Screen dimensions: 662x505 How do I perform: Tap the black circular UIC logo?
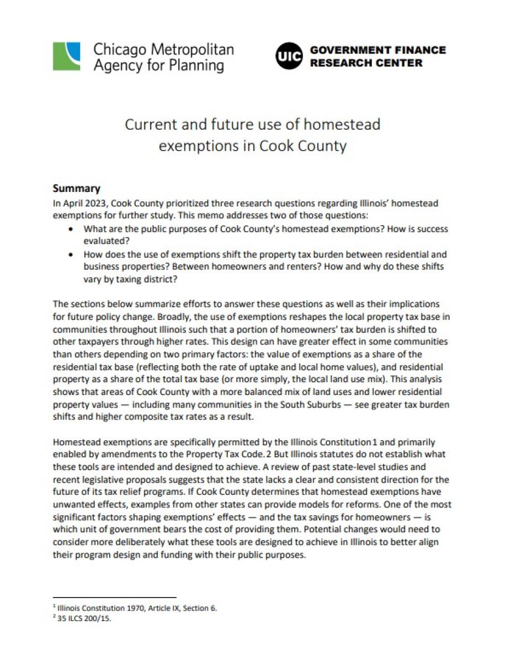tap(289, 57)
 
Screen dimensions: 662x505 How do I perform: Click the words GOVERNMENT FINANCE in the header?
tap(378, 50)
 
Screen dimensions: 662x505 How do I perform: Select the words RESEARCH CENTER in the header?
tap(366, 63)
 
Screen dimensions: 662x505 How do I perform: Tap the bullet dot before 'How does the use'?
tap(71, 255)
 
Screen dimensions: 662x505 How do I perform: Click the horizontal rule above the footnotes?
tap(114, 597)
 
